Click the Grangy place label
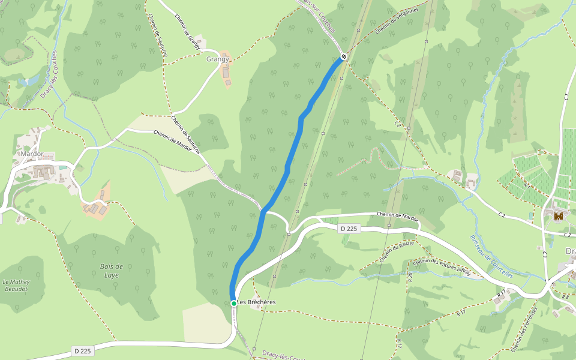[217, 59]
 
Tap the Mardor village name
[31, 154]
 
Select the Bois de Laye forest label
[112, 271]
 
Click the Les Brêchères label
[256, 302]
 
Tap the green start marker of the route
[234, 304]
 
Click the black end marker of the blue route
[343, 57]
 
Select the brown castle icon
[559, 215]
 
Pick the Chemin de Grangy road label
[187, 28]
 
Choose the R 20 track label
[410, 277]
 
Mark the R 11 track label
[501, 294]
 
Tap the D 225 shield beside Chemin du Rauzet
[349, 229]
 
